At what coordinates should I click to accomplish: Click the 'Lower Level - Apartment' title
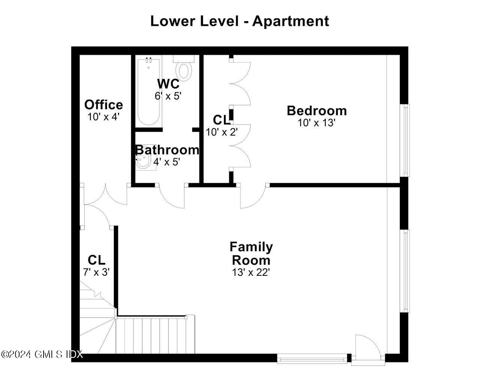coord(240,21)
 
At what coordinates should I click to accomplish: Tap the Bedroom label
coord(316,111)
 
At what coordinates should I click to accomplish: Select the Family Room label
coord(251,253)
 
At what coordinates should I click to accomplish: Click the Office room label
coord(103,105)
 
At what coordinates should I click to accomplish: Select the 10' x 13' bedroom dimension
coord(316,123)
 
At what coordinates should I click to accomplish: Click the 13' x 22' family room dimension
coord(251,272)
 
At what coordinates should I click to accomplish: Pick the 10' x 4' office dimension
coord(103,117)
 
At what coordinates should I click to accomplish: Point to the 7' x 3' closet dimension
coord(96,272)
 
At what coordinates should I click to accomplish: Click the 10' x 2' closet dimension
coord(221,132)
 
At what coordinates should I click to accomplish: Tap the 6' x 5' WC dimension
coord(168,96)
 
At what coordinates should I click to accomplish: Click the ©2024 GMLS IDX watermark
coord(42,354)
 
